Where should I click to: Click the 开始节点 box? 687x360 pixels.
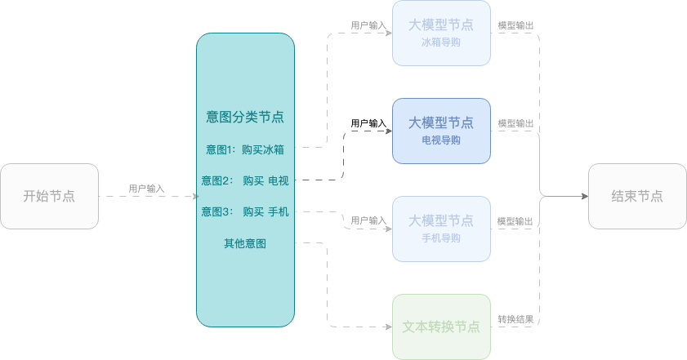tap(49, 196)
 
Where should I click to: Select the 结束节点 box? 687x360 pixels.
tap(637, 196)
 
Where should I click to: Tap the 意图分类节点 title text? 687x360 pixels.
tap(245, 117)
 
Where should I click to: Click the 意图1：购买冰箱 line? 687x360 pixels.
tap(245, 149)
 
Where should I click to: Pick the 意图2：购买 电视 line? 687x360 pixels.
tap(245, 180)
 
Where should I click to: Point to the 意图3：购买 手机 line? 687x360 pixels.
tap(245, 212)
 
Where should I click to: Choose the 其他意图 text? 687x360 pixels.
tap(245, 243)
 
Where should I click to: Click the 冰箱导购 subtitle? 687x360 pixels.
tap(441, 42)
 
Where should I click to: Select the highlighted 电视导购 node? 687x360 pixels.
tap(441, 131)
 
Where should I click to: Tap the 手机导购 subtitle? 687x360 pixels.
tap(441, 238)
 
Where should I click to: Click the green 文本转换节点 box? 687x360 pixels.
tap(441, 327)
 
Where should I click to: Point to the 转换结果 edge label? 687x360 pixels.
tap(515, 319)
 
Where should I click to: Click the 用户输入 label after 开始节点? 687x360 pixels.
tap(146, 189)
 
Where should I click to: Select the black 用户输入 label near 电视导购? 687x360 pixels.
tap(368, 123)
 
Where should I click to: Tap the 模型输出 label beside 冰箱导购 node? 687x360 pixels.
tap(515, 25)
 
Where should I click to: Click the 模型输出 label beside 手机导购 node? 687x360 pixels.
tap(515, 221)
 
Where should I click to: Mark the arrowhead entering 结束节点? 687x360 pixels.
tap(585, 196)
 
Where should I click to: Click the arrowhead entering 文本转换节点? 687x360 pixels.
tap(389, 327)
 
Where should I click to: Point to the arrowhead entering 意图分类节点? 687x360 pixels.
tap(196, 196)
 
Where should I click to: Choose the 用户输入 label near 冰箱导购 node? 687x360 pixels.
tap(368, 25)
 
